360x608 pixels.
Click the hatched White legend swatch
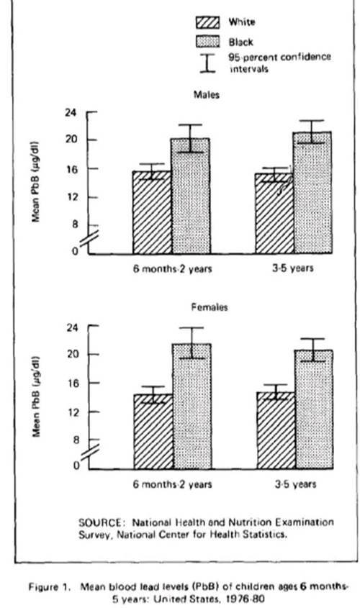[207, 22]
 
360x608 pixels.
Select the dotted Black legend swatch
[207, 42]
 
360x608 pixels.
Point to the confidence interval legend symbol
[207, 63]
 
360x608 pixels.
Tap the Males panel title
[207, 95]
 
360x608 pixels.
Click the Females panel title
[210, 307]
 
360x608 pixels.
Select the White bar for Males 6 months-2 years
[152, 212]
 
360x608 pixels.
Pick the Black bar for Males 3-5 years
[312, 193]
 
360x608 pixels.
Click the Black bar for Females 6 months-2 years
[192, 407]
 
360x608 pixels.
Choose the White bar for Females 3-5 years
[276, 431]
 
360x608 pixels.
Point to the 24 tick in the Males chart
[72, 112]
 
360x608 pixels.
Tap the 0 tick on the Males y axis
[75, 251]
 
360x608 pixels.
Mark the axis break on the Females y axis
[89, 452]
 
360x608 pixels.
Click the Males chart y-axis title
[36, 181]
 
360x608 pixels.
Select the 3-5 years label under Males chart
[293, 268]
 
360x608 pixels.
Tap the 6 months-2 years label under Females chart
[173, 484]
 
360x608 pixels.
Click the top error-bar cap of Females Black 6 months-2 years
[191, 327]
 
